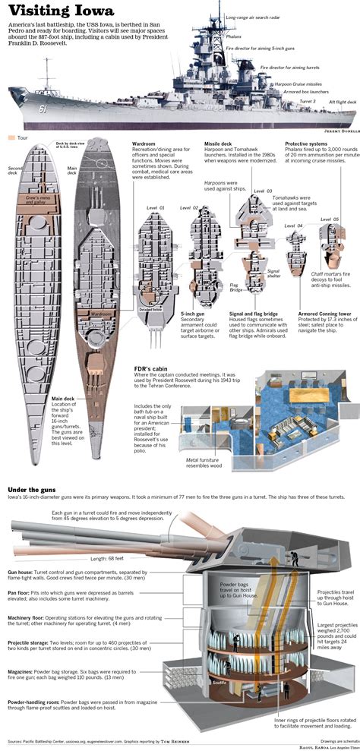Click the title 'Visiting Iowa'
pos(58,11)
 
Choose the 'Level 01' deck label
pos(156,207)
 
